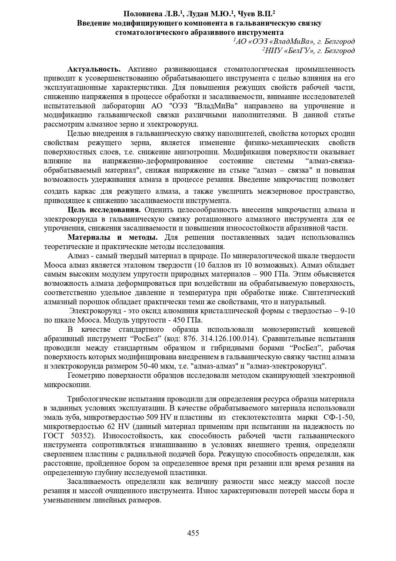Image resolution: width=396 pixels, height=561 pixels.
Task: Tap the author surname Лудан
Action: point(198,14)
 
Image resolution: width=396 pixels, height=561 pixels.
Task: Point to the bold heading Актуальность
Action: point(94,69)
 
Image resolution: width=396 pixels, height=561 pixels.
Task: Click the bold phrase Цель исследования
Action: point(104,210)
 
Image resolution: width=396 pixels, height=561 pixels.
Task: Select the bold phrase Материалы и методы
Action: point(113,238)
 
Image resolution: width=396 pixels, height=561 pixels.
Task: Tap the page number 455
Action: point(193,533)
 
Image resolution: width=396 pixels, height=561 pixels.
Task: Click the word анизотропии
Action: point(201,152)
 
